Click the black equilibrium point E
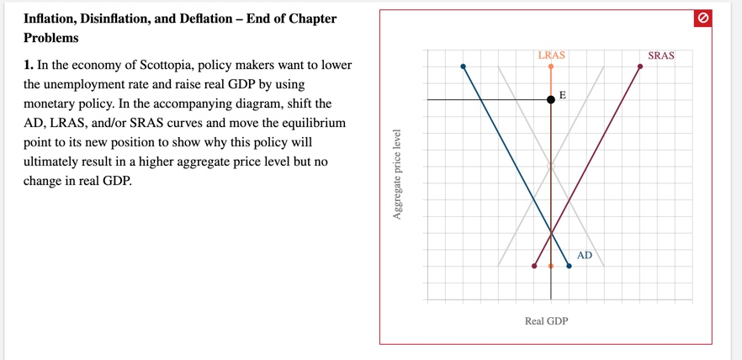point(551,99)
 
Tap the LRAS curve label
point(551,56)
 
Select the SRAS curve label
point(661,56)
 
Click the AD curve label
point(585,255)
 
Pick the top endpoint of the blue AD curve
point(463,66)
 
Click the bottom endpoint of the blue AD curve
point(570,266)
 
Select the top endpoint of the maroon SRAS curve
point(640,66)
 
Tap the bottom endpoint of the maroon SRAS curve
point(534,266)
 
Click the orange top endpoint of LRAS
point(551,66)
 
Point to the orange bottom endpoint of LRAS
point(551,266)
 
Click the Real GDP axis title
point(546,320)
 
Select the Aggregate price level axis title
point(397,175)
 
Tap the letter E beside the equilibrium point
point(563,94)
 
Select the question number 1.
point(28,66)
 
